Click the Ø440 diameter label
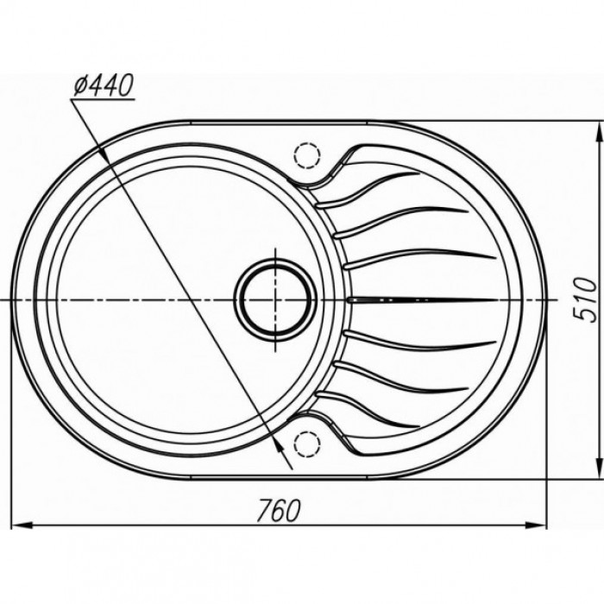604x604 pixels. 104,85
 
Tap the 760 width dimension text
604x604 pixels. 278,511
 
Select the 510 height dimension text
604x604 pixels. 584,300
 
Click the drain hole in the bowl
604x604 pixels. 276,299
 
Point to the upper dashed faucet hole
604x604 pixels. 306,155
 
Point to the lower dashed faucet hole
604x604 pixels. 306,444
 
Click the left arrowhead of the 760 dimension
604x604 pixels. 22,524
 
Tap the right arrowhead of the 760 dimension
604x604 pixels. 536,524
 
